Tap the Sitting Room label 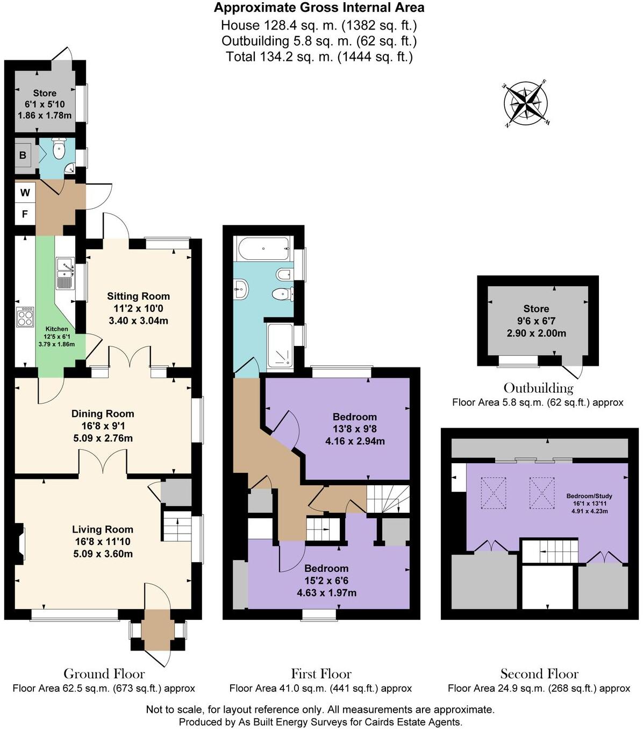click(x=138, y=296)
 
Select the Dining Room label click(x=103, y=414)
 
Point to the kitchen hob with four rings click(x=25, y=316)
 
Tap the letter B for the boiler click(x=23, y=155)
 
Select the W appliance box click(x=25, y=192)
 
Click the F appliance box click(x=25, y=214)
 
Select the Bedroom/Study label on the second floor click(x=589, y=496)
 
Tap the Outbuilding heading click(x=538, y=388)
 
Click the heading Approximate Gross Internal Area click(x=319, y=8)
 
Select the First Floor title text click(x=321, y=674)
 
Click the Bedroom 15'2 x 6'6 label click(x=326, y=569)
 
